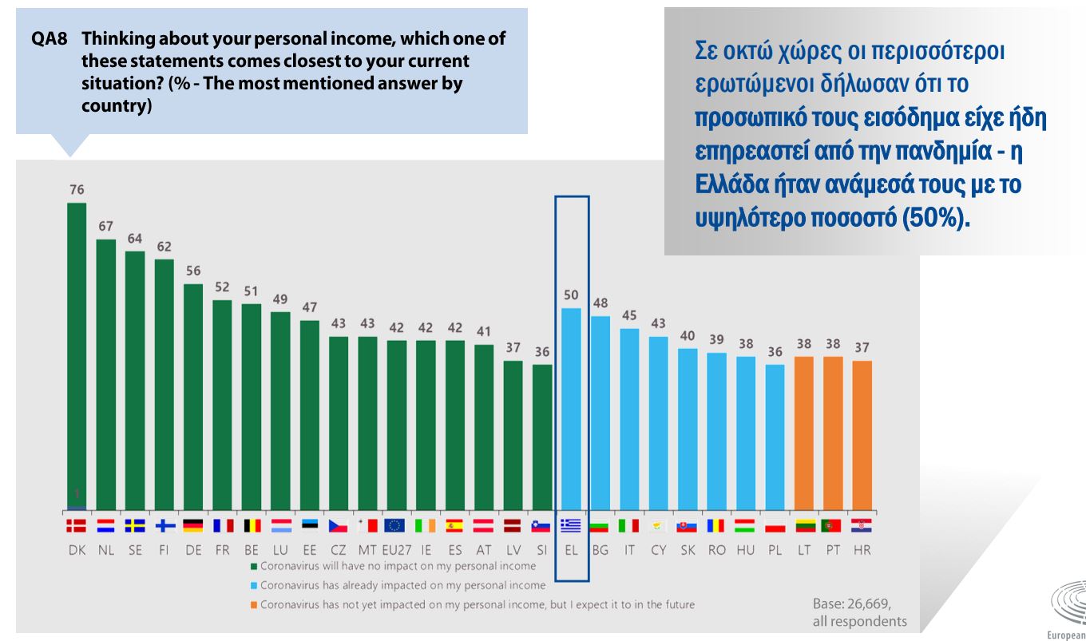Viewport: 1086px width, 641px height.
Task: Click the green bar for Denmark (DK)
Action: click(x=77, y=351)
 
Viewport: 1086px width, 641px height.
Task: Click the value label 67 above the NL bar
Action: click(x=106, y=227)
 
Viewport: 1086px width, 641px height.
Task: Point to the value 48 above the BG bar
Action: click(x=600, y=303)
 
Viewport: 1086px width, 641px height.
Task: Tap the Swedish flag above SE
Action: click(x=135, y=525)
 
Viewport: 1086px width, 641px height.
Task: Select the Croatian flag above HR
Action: click(x=862, y=525)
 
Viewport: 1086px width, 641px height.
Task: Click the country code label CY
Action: click(x=658, y=551)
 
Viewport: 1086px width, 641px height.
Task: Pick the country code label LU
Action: click(x=280, y=551)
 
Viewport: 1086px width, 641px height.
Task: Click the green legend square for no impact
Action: click(x=253, y=566)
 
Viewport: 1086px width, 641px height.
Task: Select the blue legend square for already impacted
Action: click(x=253, y=586)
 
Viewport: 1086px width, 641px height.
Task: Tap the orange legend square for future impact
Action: click(x=253, y=605)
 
